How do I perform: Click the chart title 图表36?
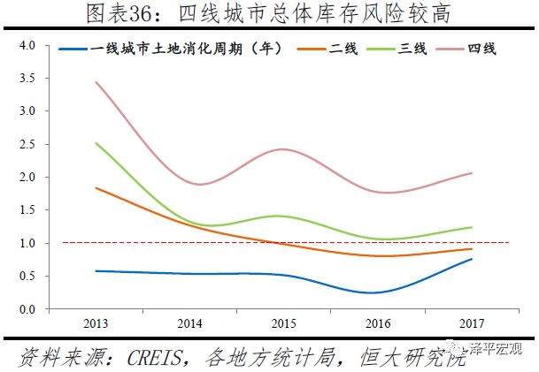pos(269,14)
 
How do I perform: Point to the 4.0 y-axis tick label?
pos(26,45)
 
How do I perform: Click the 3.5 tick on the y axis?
pos(26,78)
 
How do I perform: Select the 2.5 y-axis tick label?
pos(26,144)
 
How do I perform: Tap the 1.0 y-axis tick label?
pos(26,243)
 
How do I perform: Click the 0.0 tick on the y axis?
pos(26,309)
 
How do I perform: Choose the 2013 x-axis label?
pos(95,324)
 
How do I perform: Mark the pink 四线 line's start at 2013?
pos(95,82)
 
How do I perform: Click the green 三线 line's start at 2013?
pos(95,143)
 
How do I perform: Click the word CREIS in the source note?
pos(156,357)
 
